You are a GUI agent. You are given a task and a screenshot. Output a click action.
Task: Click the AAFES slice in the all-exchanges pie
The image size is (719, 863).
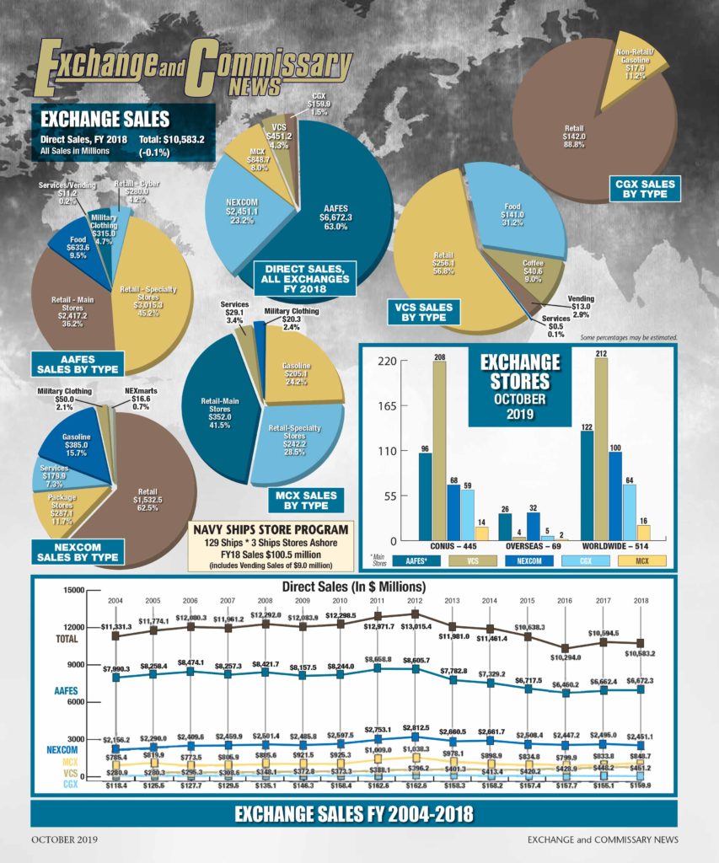point(337,211)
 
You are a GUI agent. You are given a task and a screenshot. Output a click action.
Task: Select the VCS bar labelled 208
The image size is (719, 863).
point(438,447)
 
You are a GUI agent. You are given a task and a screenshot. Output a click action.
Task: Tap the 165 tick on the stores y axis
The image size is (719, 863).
point(386,406)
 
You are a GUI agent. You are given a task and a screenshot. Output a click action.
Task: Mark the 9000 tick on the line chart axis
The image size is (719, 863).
point(74,665)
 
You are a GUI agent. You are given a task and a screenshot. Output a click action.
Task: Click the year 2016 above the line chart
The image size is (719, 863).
point(565,601)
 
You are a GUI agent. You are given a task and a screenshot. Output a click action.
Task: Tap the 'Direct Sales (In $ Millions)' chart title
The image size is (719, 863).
point(354,586)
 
